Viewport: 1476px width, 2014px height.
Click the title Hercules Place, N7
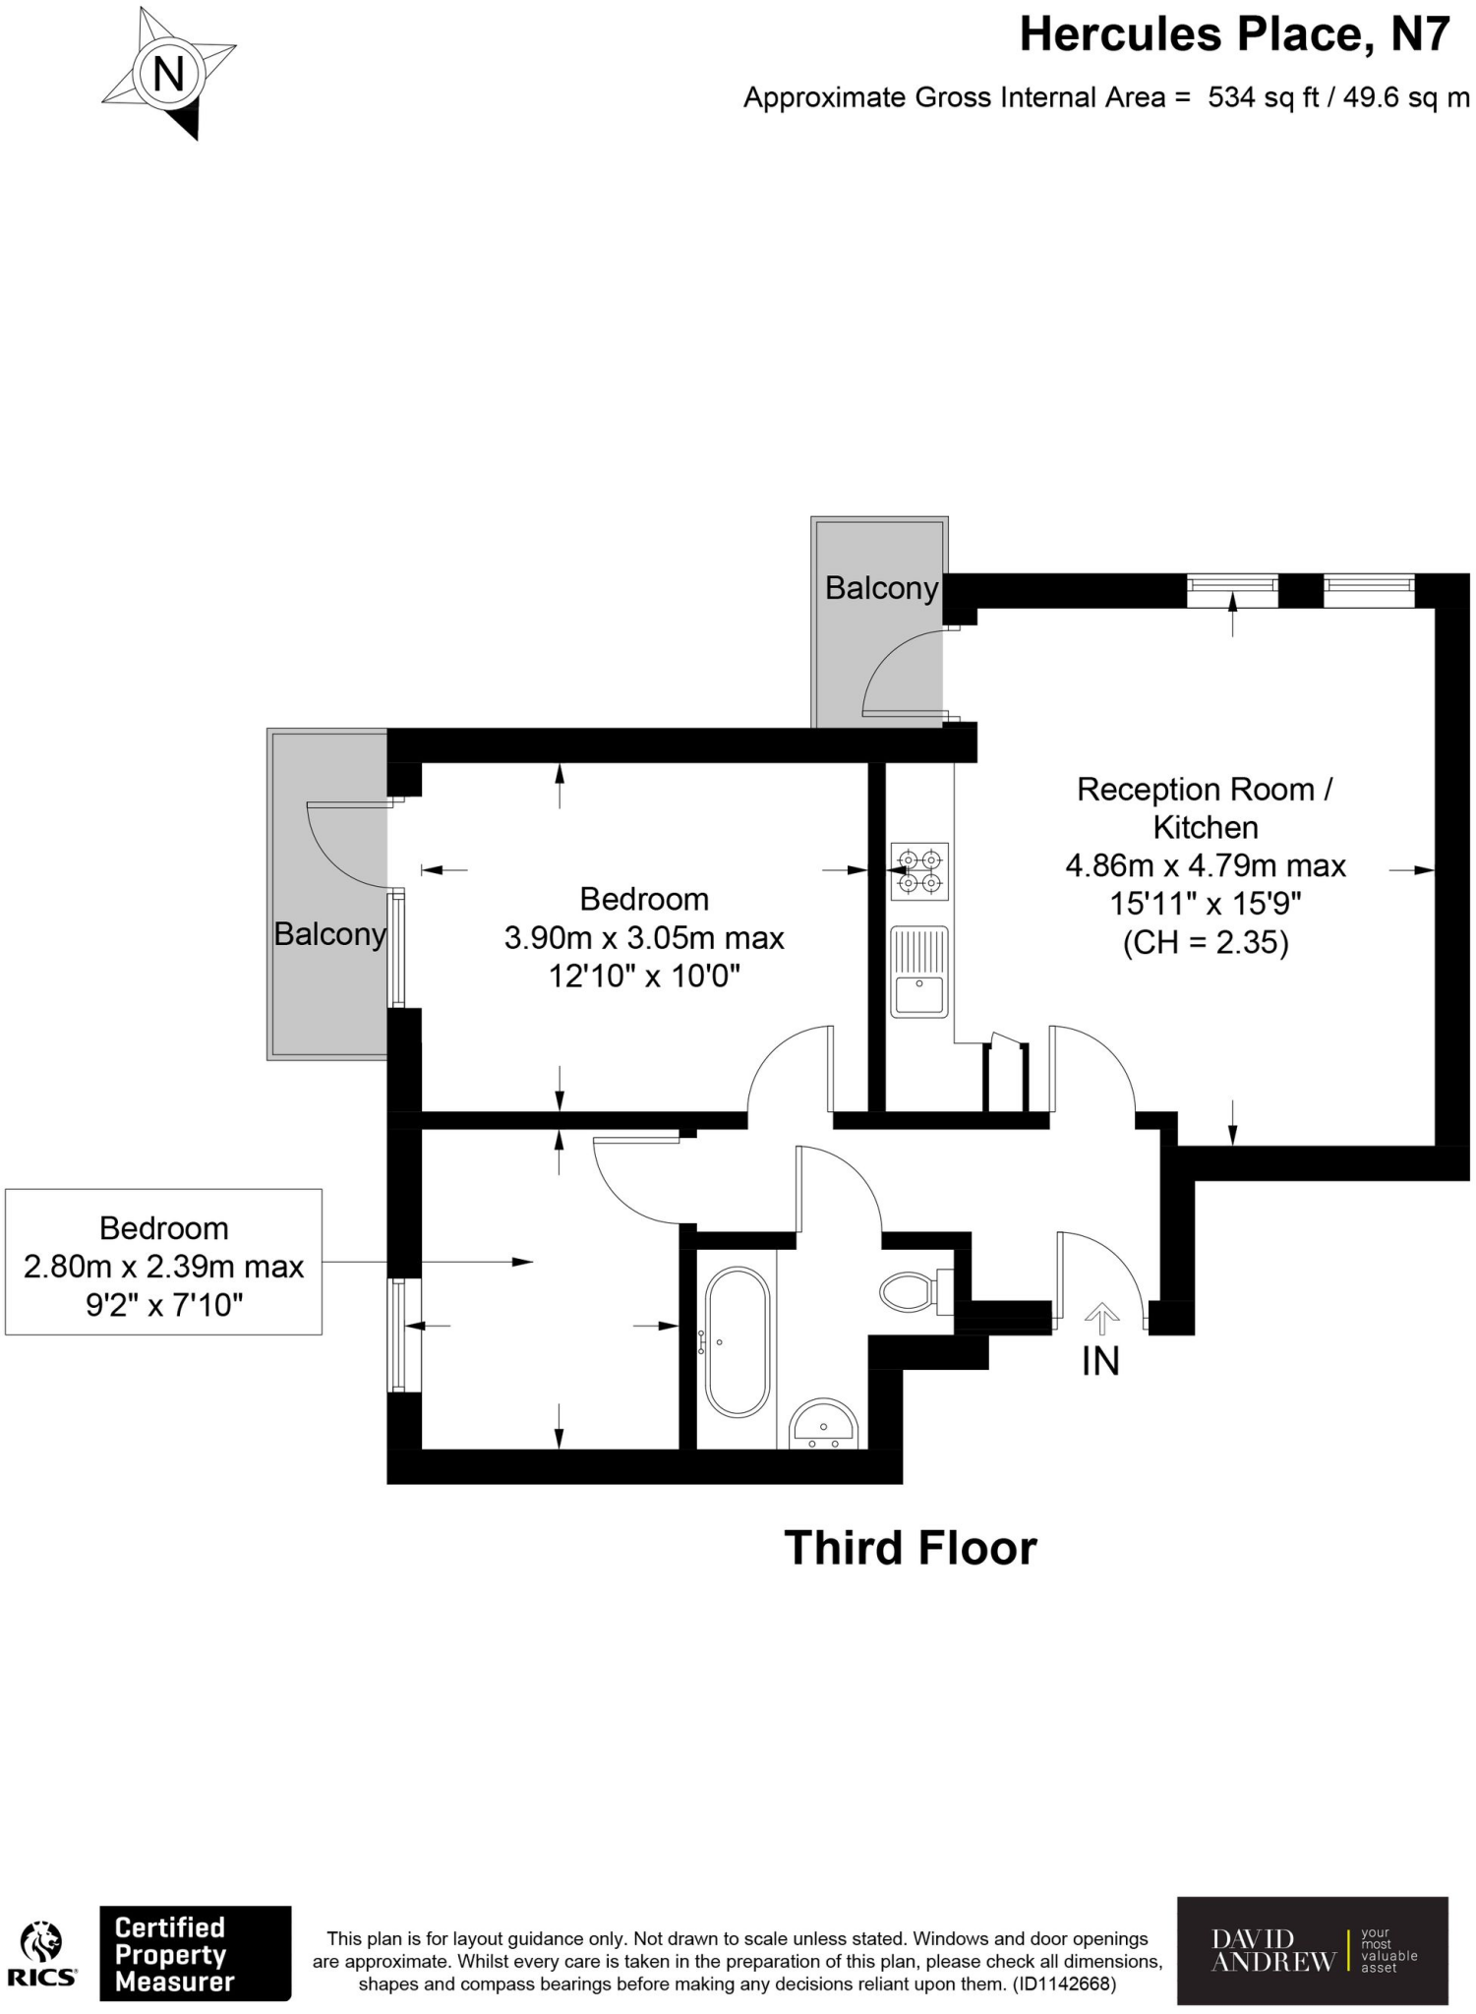[x=1234, y=35]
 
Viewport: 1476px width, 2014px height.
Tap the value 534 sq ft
[x=1263, y=97]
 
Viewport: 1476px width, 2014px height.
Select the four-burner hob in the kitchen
[x=919, y=871]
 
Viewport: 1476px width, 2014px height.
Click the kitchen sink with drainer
[x=919, y=971]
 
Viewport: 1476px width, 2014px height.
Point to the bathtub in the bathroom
[x=737, y=1341]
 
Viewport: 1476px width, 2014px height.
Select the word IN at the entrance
[x=1100, y=1361]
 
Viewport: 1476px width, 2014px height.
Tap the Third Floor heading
[x=910, y=1548]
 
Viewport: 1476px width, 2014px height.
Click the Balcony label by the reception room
[x=881, y=588]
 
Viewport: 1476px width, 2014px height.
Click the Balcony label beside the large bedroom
[x=329, y=933]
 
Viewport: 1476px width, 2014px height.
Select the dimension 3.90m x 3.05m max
[x=644, y=937]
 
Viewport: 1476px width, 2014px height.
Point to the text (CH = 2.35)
[x=1206, y=942]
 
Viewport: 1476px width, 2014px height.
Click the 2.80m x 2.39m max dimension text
[x=163, y=1267]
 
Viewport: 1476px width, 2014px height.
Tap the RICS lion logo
[x=42, y=1943]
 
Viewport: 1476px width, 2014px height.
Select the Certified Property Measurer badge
[x=195, y=1953]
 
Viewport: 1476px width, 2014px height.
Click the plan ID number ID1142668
[x=1064, y=1984]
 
